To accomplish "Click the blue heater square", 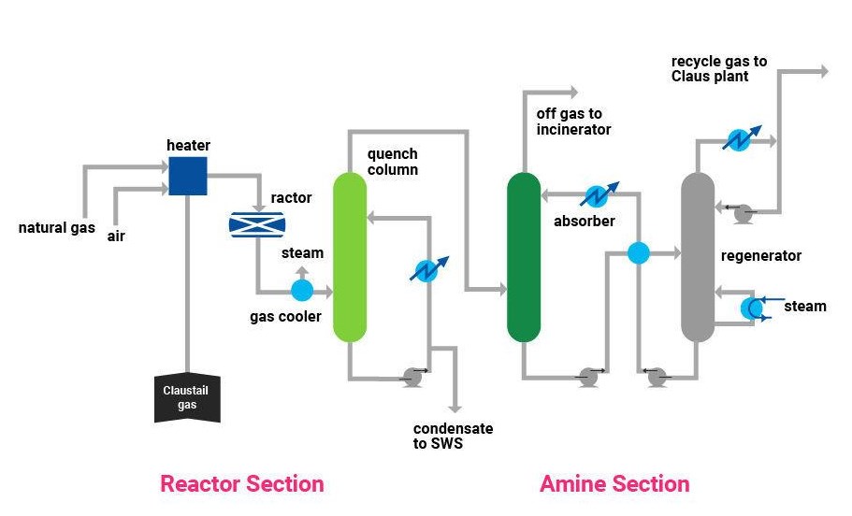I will [x=188, y=176].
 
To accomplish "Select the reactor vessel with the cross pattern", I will [x=257, y=224].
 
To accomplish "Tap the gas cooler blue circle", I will [x=302, y=291].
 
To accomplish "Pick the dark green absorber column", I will [x=524, y=256].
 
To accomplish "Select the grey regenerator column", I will [x=697, y=256].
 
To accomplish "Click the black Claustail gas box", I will [x=187, y=397].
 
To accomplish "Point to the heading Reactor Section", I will [x=242, y=483].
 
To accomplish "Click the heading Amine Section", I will [x=614, y=483].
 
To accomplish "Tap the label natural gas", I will [x=56, y=228].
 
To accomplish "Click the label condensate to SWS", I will [x=453, y=436].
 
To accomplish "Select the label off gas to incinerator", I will [x=573, y=122].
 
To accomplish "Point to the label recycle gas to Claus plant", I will [x=718, y=68].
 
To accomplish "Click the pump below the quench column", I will [x=412, y=377].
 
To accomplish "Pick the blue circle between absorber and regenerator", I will [x=638, y=252].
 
